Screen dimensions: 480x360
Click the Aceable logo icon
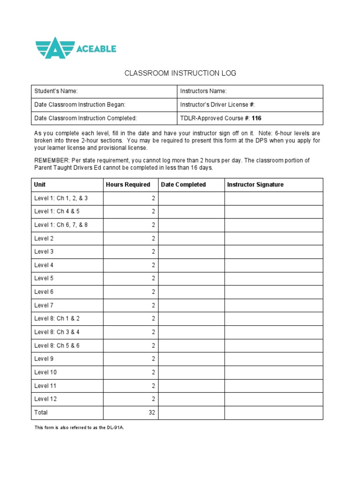[x=55, y=47]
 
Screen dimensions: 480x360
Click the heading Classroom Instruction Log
[x=180, y=73]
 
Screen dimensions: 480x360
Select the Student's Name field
[x=105, y=91]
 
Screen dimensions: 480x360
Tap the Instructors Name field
[x=250, y=91]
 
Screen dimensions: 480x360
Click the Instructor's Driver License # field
[x=250, y=105]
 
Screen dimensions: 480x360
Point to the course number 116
[x=256, y=118]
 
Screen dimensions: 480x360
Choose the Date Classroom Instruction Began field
[x=105, y=105]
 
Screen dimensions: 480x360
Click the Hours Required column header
[x=128, y=185]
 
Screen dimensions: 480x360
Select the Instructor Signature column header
[x=255, y=185]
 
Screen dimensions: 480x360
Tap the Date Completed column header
[x=183, y=185]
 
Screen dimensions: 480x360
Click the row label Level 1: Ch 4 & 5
[x=57, y=211]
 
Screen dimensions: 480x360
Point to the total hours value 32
[x=151, y=412]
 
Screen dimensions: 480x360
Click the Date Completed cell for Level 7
[x=191, y=305]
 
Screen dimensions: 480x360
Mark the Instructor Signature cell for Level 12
[x=274, y=399]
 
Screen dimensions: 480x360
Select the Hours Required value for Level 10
[x=153, y=372]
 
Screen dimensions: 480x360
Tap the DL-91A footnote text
[x=79, y=427]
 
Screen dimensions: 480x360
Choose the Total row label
[x=41, y=412]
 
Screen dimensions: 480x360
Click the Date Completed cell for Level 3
[x=191, y=252]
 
